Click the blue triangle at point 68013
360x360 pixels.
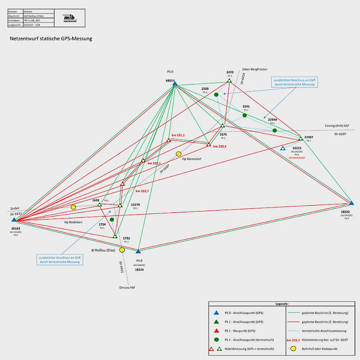pos(175,84)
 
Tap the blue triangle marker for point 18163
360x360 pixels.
pos(14,220)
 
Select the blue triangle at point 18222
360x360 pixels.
pos(351,203)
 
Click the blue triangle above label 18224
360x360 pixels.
pos(138,252)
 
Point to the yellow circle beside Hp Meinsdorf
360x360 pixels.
pos(179,154)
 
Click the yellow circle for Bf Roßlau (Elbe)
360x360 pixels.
pos(122,250)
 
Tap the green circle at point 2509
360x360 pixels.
pos(216,94)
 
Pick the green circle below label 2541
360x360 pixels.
pos(245,116)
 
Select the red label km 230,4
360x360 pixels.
pos(220,146)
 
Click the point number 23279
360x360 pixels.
pos(135,205)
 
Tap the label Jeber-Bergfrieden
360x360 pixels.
pos(255,69)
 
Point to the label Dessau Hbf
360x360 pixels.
pos(127,287)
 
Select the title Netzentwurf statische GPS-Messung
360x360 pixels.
pos(51,39)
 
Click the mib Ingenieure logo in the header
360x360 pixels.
pos(70,17)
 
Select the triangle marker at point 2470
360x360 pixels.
pos(229,81)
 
